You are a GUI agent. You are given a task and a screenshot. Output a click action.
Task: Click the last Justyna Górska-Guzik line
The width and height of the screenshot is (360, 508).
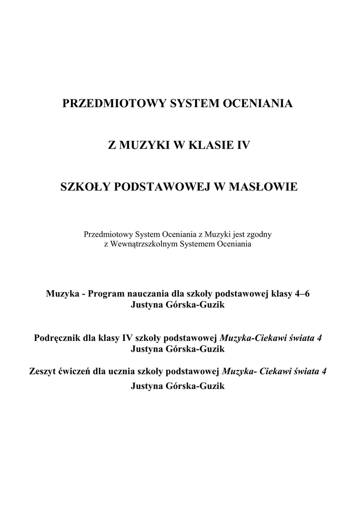pyautogui.click(x=178, y=386)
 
